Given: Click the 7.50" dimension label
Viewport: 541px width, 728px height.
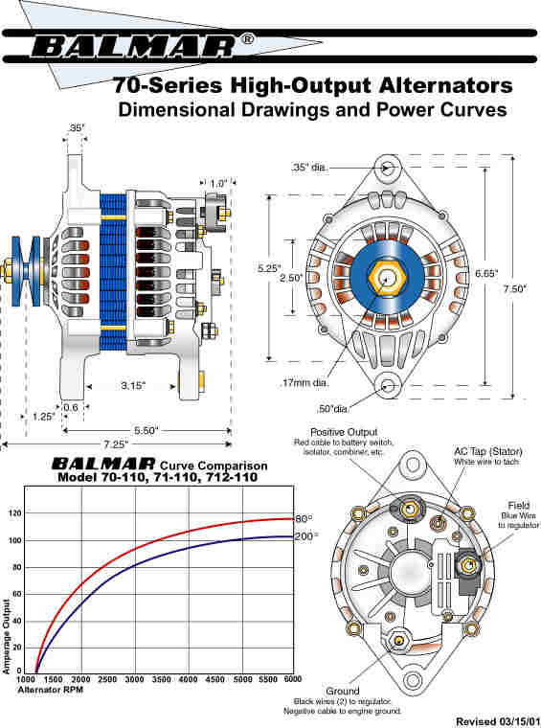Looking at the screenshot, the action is [515, 288].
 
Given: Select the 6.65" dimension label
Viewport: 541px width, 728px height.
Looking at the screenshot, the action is [486, 273].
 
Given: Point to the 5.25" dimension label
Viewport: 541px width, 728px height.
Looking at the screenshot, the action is [269, 268].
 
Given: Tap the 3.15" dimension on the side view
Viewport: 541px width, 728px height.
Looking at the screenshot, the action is [133, 385].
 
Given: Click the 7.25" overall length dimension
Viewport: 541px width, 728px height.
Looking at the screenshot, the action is [115, 444].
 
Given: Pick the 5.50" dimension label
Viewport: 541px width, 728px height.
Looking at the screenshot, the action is [147, 430].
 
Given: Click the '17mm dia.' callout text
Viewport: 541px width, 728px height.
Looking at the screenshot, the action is [304, 383].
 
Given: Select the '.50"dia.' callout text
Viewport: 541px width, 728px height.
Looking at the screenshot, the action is [332, 409].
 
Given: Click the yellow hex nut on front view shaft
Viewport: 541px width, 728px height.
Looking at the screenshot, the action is [387, 278].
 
